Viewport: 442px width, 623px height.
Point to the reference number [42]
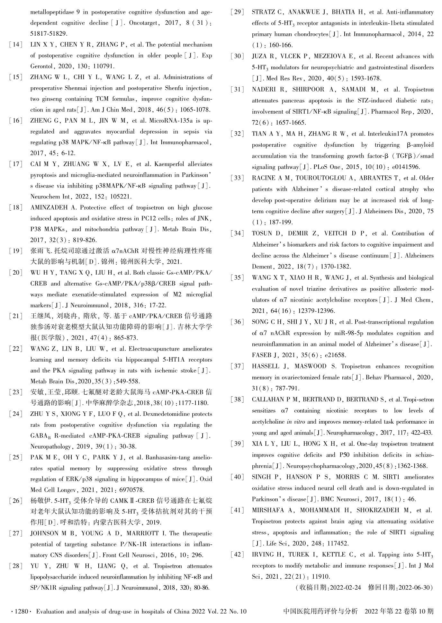238,555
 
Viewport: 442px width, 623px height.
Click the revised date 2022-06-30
414,588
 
